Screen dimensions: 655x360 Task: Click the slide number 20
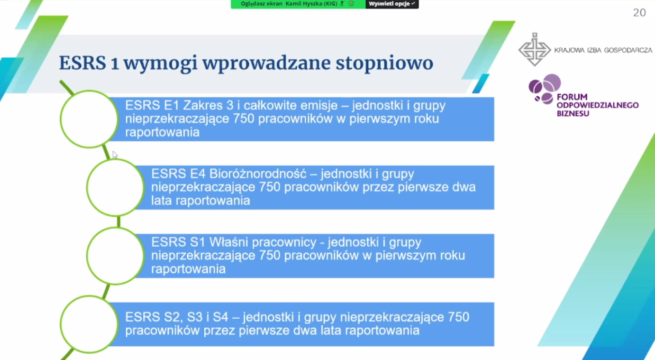point(639,13)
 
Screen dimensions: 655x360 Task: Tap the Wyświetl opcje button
point(392,4)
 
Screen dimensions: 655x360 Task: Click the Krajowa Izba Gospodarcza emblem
point(535,49)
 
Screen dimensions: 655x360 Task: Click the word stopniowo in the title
point(384,63)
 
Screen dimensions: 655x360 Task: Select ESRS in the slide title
point(82,63)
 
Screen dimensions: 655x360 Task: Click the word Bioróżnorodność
point(258,174)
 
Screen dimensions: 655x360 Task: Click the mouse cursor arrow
point(115,155)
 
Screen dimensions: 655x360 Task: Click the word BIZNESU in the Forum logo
point(573,113)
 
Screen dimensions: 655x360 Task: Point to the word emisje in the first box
point(319,105)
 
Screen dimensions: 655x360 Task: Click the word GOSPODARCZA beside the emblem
point(628,50)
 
